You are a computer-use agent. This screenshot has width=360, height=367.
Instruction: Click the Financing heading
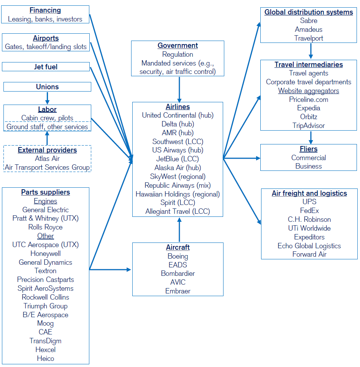(x=45, y=10)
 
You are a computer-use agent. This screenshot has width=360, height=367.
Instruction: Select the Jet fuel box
(x=46, y=67)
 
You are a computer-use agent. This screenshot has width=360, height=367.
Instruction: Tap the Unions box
(x=47, y=87)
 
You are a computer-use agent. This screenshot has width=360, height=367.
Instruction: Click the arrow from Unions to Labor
(x=47, y=98)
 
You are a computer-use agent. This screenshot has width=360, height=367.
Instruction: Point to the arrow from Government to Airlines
(x=179, y=89)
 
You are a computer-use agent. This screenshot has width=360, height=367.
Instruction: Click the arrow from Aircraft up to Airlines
(x=179, y=229)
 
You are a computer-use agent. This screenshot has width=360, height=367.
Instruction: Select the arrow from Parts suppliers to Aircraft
(x=110, y=270)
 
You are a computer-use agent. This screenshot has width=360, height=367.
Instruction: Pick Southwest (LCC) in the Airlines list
(x=178, y=142)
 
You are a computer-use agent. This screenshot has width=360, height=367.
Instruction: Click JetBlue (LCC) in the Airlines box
(x=178, y=159)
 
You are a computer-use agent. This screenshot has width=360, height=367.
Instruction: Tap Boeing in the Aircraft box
(x=178, y=256)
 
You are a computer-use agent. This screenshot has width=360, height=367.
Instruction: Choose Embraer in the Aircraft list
(x=178, y=291)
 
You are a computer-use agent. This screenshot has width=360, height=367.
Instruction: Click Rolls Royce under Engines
(x=46, y=227)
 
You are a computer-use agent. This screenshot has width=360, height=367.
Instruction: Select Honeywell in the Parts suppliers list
(x=46, y=254)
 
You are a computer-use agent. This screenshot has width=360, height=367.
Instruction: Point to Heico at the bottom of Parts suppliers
(x=46, y=358)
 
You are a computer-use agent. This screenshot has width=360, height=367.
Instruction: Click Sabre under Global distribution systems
(x=309, y=21)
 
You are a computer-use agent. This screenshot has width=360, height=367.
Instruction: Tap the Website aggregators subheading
(x=309, y=91)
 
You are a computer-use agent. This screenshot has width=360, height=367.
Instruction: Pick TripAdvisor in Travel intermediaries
(x=309, y=126)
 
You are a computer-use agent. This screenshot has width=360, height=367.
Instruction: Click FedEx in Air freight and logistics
(x=309, y=211)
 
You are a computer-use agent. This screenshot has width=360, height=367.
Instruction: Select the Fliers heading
(x=309, y=149)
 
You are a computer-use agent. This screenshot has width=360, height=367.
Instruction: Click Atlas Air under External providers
(x=47, y=159)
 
